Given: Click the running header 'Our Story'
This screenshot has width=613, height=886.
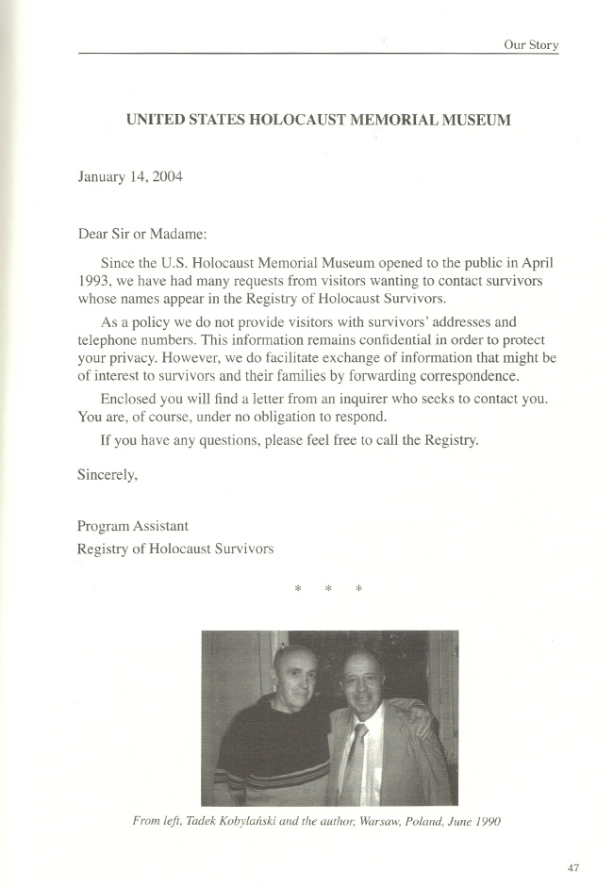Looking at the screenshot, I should (x=531, y=44).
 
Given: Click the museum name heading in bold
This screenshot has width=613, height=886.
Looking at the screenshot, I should (x=319, y=121).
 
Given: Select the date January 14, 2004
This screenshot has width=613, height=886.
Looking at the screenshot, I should (x=130, y=176).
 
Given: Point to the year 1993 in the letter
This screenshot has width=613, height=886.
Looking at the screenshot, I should (x=94, y=281).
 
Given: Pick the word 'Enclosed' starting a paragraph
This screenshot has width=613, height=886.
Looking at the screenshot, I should (x=128, y=399).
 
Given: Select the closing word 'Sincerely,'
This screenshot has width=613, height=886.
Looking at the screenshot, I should (x=108, y=475).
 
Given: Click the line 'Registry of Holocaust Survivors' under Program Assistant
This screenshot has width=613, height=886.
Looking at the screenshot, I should (x=175, y=549).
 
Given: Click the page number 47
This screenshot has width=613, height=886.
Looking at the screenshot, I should (x=573, y=868).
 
